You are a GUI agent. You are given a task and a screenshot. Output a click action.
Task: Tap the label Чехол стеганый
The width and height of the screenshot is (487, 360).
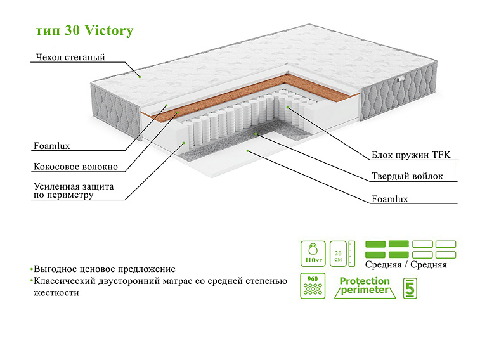click(x=70, y=58)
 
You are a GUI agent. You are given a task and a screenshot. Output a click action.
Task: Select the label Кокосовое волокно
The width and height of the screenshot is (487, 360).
click(x=75, y=167)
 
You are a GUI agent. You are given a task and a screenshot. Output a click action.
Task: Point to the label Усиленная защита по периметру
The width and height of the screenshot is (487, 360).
click(x=73, y=191)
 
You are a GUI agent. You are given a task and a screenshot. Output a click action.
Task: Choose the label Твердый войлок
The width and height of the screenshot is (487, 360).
click(x=407, y=176)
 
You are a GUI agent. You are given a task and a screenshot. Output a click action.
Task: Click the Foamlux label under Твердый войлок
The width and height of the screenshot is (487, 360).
click(x=389, y=199)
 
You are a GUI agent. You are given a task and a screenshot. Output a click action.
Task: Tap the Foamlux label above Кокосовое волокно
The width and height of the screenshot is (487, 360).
click(x=51, y=146)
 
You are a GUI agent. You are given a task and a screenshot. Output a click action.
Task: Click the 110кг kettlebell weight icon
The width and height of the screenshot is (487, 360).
click(x=312, y=252)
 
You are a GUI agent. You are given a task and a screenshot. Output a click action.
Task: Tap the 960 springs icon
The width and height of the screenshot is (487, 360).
click(x=312, y=286)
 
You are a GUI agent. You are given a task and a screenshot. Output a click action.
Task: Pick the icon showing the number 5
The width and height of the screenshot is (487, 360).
click(x=410, y=287)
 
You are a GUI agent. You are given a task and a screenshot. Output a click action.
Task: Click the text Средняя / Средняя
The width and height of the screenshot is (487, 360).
click(x=406, y=265)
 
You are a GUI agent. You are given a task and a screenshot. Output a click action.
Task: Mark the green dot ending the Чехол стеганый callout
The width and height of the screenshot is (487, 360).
click(x=141, y=75)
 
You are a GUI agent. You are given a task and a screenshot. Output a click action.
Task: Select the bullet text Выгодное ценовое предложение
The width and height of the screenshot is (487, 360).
click(x=105, y=269)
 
